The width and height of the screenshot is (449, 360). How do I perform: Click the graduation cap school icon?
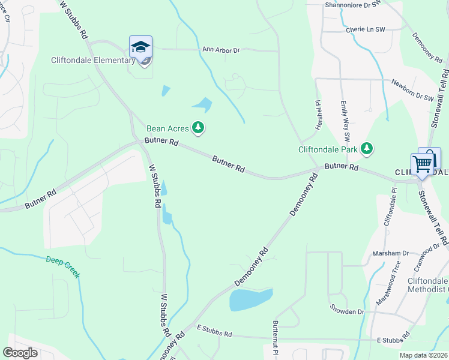pos(140,47)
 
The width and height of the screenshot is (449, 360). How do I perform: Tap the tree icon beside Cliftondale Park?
pos(366,148)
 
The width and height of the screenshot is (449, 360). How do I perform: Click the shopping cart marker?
pos(423,163)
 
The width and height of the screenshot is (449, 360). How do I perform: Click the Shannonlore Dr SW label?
pos(353,4)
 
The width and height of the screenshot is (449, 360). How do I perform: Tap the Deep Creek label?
pos(63,266)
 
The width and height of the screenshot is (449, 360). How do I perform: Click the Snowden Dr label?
pos(347,311)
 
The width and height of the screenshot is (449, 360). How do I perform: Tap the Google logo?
pos(20,352)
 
